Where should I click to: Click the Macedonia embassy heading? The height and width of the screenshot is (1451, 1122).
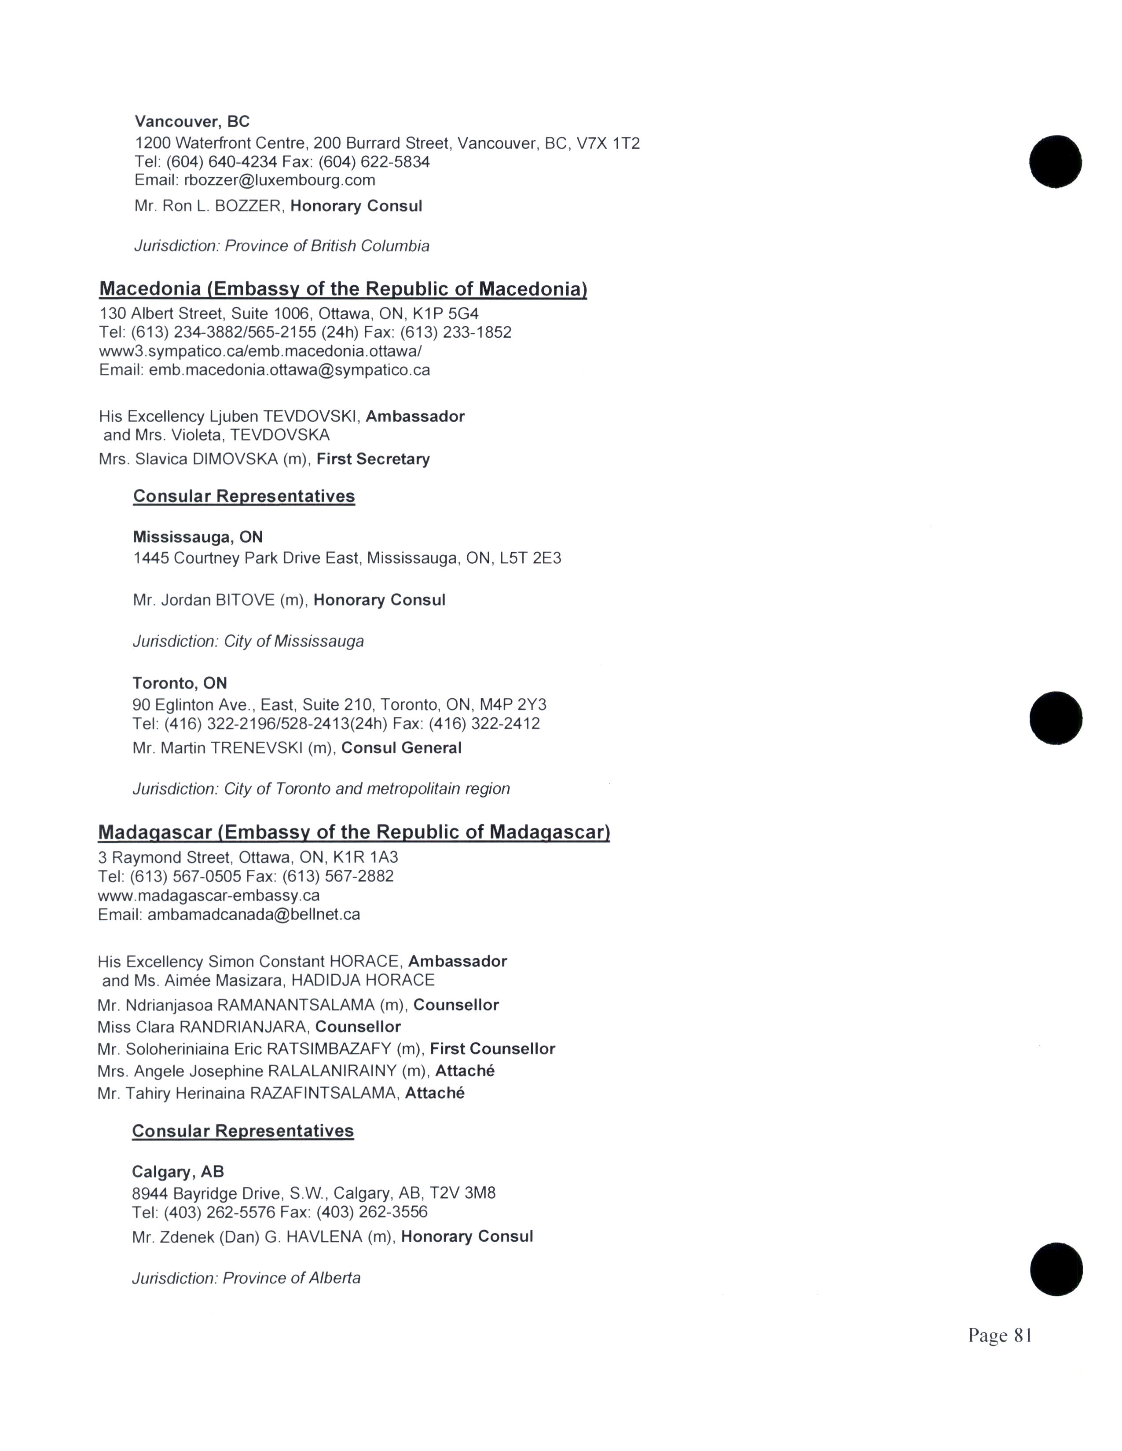point(343,289)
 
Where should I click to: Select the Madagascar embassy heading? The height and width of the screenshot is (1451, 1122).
point(354,832)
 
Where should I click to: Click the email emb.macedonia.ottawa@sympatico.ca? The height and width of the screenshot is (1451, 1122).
point(289,370)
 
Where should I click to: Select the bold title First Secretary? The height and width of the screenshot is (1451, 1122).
point(373,459)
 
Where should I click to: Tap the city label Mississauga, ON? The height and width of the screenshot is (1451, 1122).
point(198,537)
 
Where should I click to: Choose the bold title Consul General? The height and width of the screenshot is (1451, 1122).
point(401,748)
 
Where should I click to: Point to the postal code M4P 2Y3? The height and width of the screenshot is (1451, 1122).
point(517,704)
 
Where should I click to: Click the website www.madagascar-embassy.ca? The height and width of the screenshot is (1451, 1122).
point(209,896)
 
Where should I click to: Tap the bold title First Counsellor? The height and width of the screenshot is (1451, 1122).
point(492,1049)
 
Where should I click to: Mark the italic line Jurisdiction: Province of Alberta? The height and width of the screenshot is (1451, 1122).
point(246,1278)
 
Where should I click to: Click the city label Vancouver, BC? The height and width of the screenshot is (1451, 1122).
point(192,122)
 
